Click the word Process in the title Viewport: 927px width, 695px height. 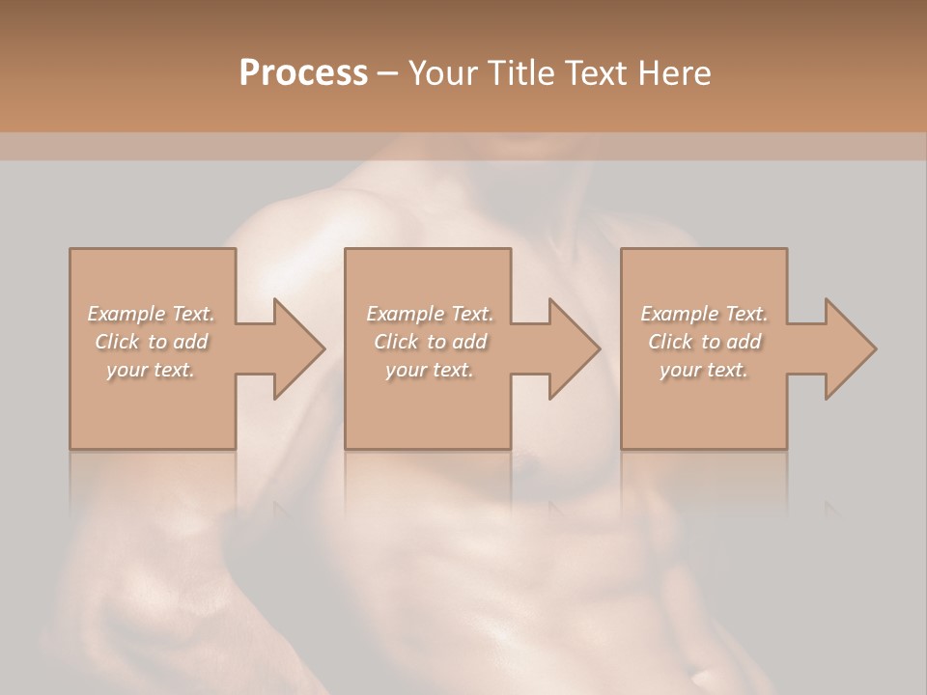[x=303, y=73]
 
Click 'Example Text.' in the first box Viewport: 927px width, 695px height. [x=152, y=314]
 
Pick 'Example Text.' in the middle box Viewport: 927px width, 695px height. [x=429, y=314]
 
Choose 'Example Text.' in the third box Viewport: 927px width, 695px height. [x=704, y=314]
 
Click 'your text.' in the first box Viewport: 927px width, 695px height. [x=152, y=370]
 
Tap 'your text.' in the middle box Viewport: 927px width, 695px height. [x=429, y=370]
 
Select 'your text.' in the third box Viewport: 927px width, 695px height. [x=704, y=370]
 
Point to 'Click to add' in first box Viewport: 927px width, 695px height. [x=152, y=342]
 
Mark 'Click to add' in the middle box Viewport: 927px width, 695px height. [x=429, y=342]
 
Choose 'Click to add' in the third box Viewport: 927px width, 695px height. [x=704, y=342]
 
